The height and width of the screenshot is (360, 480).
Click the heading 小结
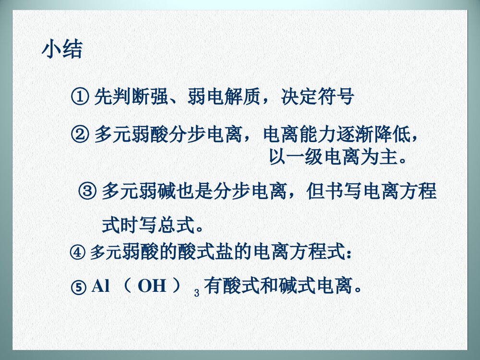click(x=62, y=49)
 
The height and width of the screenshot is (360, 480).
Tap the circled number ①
click(x=79, y=97)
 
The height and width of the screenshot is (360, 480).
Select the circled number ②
click(x=79, y=134)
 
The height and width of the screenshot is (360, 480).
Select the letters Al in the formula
click(x=101, y=287)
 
